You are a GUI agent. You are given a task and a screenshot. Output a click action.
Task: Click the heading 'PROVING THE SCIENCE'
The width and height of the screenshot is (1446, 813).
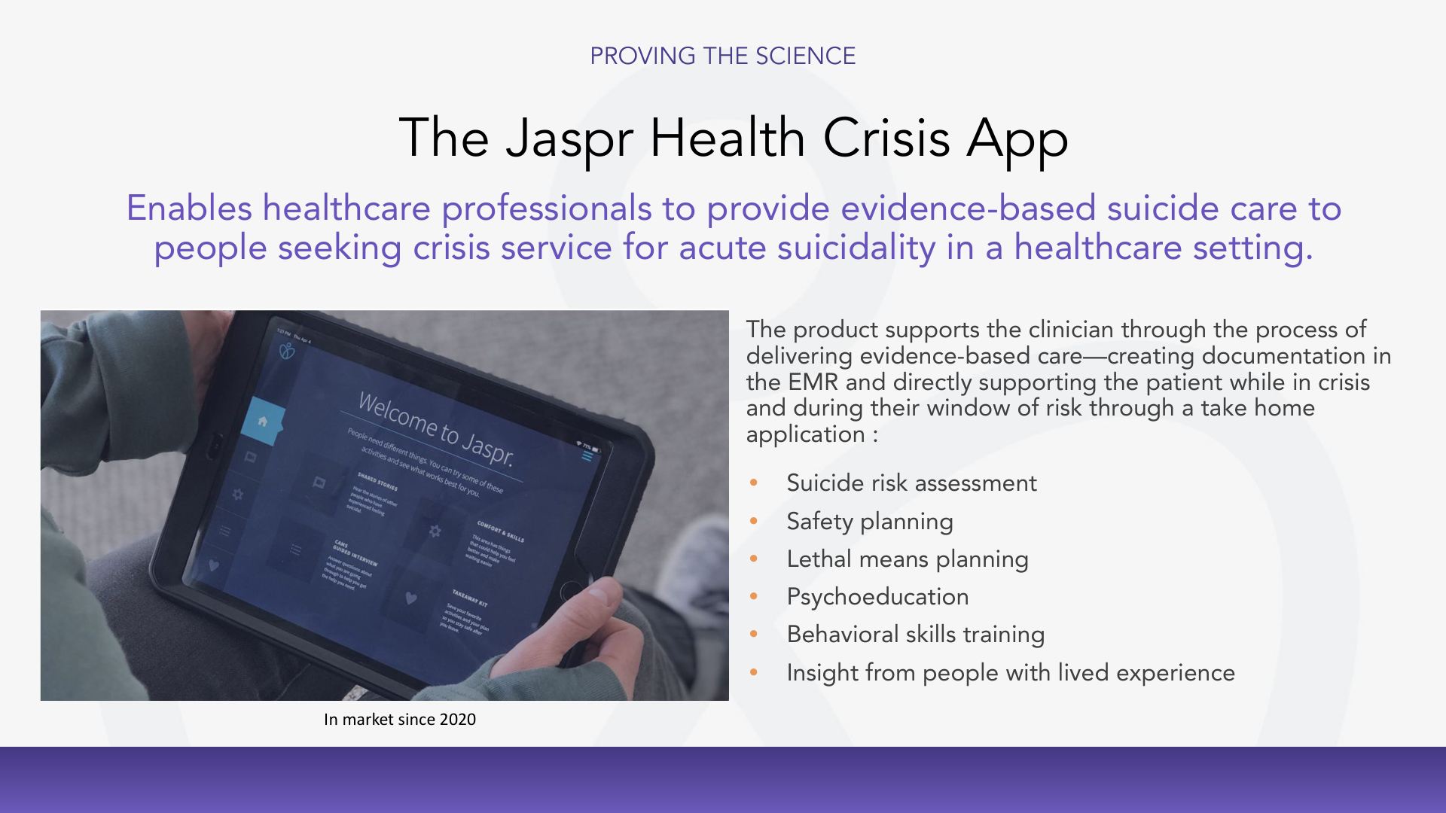[722, 56]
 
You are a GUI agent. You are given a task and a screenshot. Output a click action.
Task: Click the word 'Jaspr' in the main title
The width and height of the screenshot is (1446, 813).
[569, 139]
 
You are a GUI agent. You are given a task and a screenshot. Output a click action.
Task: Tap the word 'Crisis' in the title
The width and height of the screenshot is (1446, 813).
[886, 139]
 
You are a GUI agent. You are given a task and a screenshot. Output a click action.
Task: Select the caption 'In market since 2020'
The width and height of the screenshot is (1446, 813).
[399, 720]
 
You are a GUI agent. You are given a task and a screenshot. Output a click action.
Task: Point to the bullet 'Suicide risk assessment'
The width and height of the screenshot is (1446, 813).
[911, 483]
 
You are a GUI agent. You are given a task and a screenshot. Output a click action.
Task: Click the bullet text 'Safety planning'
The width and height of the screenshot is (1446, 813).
[869, 522]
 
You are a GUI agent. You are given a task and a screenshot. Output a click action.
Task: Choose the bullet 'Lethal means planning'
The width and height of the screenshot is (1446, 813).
[907, 559]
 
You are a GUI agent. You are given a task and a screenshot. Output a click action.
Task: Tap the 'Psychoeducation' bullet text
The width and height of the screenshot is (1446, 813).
[877, 597]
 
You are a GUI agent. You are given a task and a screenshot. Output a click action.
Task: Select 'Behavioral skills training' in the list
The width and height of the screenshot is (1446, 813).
[915, 635]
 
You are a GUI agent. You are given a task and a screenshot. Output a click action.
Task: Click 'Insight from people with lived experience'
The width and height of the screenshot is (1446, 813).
[1010, 673]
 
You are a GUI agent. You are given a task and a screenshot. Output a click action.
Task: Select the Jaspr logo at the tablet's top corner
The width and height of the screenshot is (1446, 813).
[287, 351]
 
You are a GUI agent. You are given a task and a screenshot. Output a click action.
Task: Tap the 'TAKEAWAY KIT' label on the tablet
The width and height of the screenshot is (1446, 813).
[470, 598]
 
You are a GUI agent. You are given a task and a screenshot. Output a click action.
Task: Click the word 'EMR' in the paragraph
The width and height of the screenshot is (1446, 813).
[813, 382]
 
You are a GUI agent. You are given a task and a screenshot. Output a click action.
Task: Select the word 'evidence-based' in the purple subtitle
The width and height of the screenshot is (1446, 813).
[968, 209]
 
